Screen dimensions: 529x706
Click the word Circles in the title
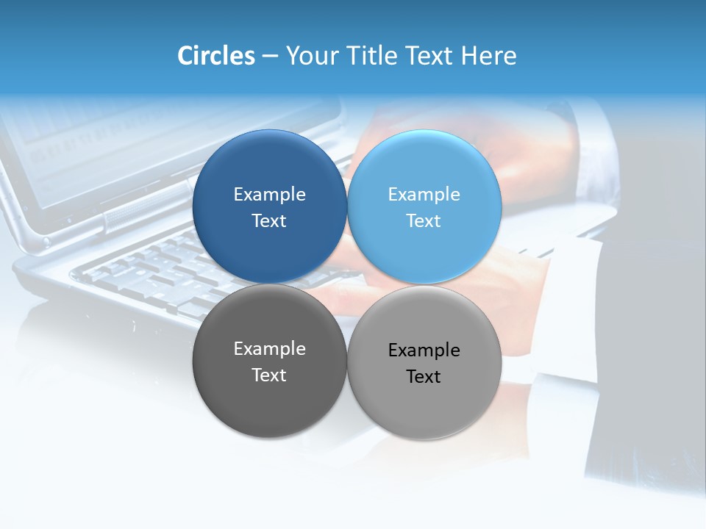[216, 56]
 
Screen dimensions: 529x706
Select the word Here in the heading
[489, 56]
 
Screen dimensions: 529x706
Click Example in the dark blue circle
[270, 195]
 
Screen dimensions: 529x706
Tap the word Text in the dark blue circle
[270, 221]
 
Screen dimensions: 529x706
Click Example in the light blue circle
[424, 195]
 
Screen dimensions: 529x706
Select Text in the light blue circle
[424, 221]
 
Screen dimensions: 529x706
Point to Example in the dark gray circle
[270, 349]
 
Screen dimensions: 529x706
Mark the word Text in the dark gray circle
[270, 375]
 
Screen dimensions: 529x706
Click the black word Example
[424, 350]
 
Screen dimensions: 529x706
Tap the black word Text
[424, 377]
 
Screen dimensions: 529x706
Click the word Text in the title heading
[432, 56]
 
